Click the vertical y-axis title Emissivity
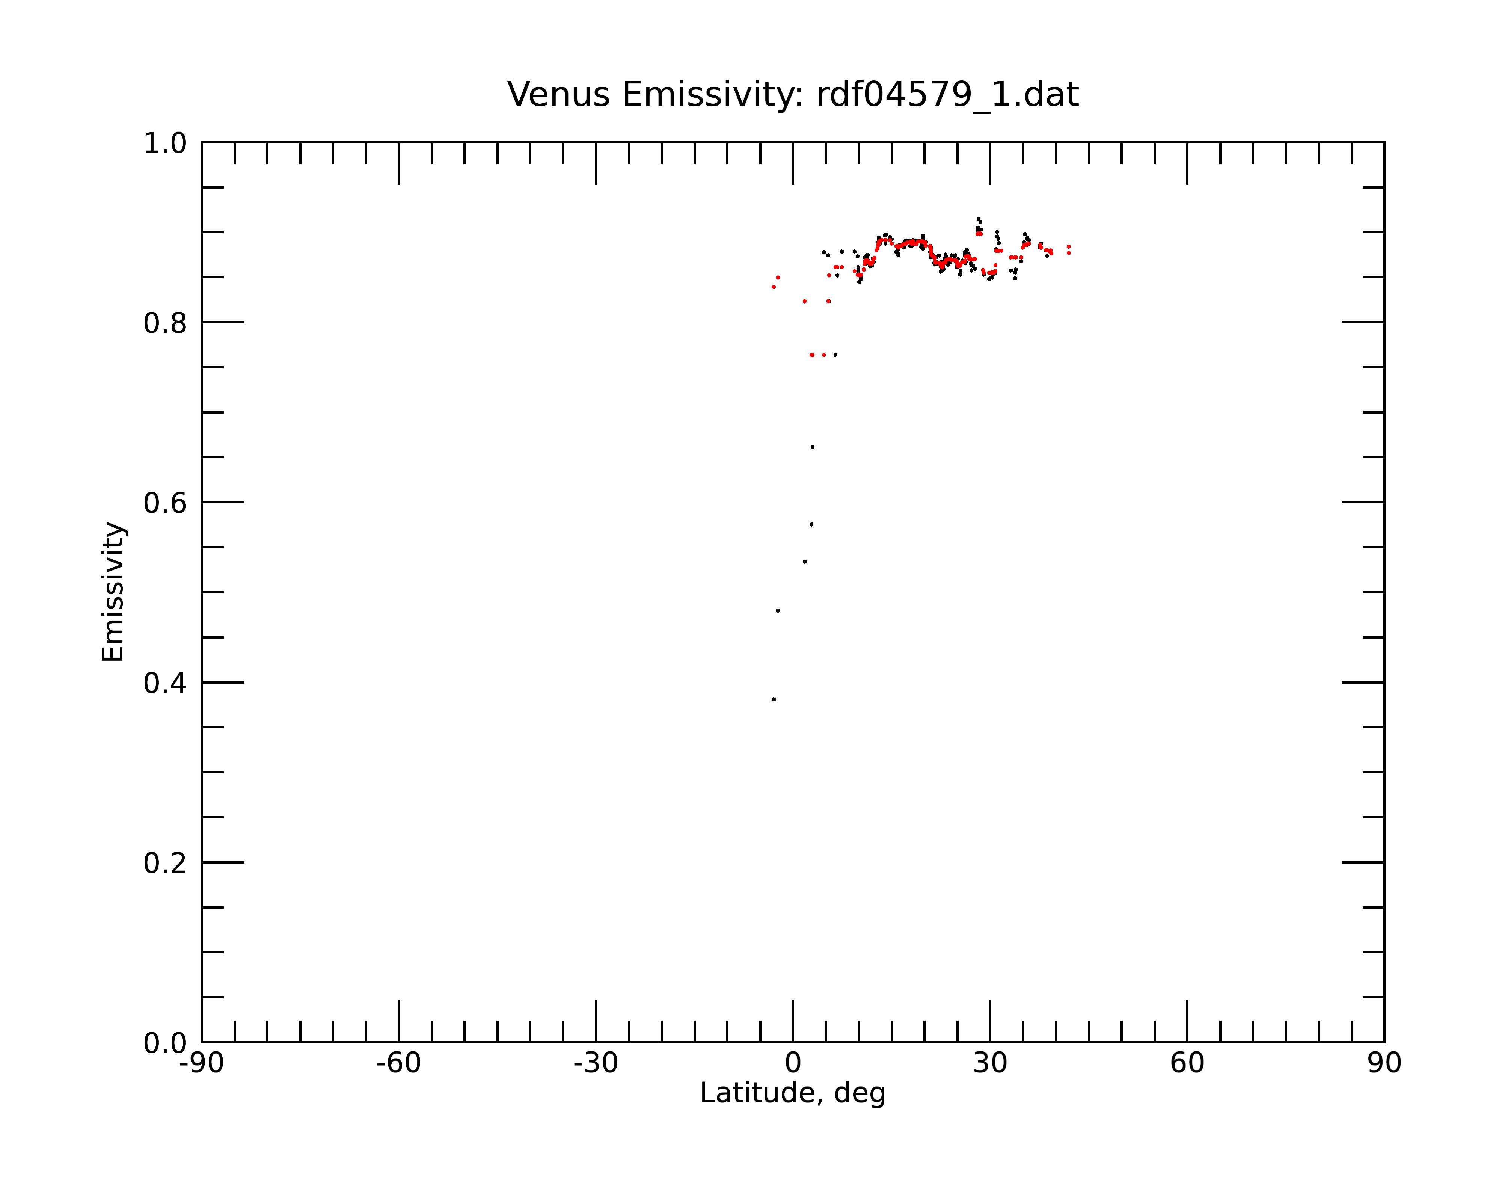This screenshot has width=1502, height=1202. coord(113,592)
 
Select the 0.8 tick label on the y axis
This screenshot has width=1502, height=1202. coord(165,323)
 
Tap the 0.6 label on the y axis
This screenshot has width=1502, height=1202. coord(165,503)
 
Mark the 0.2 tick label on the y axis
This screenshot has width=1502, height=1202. coord(165,863)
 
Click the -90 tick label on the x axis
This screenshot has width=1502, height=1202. coord(201,1063)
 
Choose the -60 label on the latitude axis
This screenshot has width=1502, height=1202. coord(398,1063)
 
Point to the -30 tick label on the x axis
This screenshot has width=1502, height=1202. coord(596,1063)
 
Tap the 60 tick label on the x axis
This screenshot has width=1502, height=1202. coord(1187,1063)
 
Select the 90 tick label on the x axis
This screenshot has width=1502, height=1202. coord(1384,1063)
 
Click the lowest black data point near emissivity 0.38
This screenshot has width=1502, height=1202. coord(773,699)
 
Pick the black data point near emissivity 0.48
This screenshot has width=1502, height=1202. coord(778,610)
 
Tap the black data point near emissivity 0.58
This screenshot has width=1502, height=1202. coord(811,524)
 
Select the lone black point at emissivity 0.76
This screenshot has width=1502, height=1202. coord(835,355)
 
